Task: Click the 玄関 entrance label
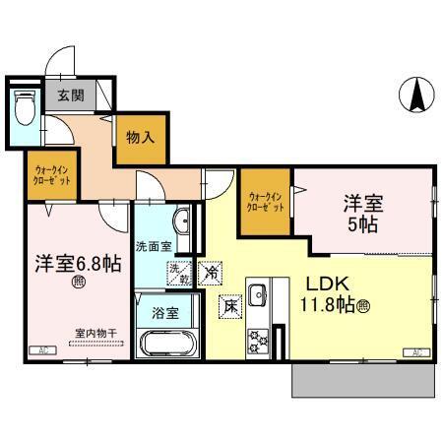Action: click(x=70, y=96)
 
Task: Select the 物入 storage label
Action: click(x=140, y=137)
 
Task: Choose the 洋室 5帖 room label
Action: click(x=363, y=214)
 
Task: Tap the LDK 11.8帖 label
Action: click(x=328, y=292)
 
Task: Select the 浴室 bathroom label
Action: click(x=164, y=314)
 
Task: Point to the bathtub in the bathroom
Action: click(x=165, y=348)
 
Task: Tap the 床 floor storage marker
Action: click(x=229, y=307)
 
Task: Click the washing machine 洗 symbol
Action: click(x=175, y=270)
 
